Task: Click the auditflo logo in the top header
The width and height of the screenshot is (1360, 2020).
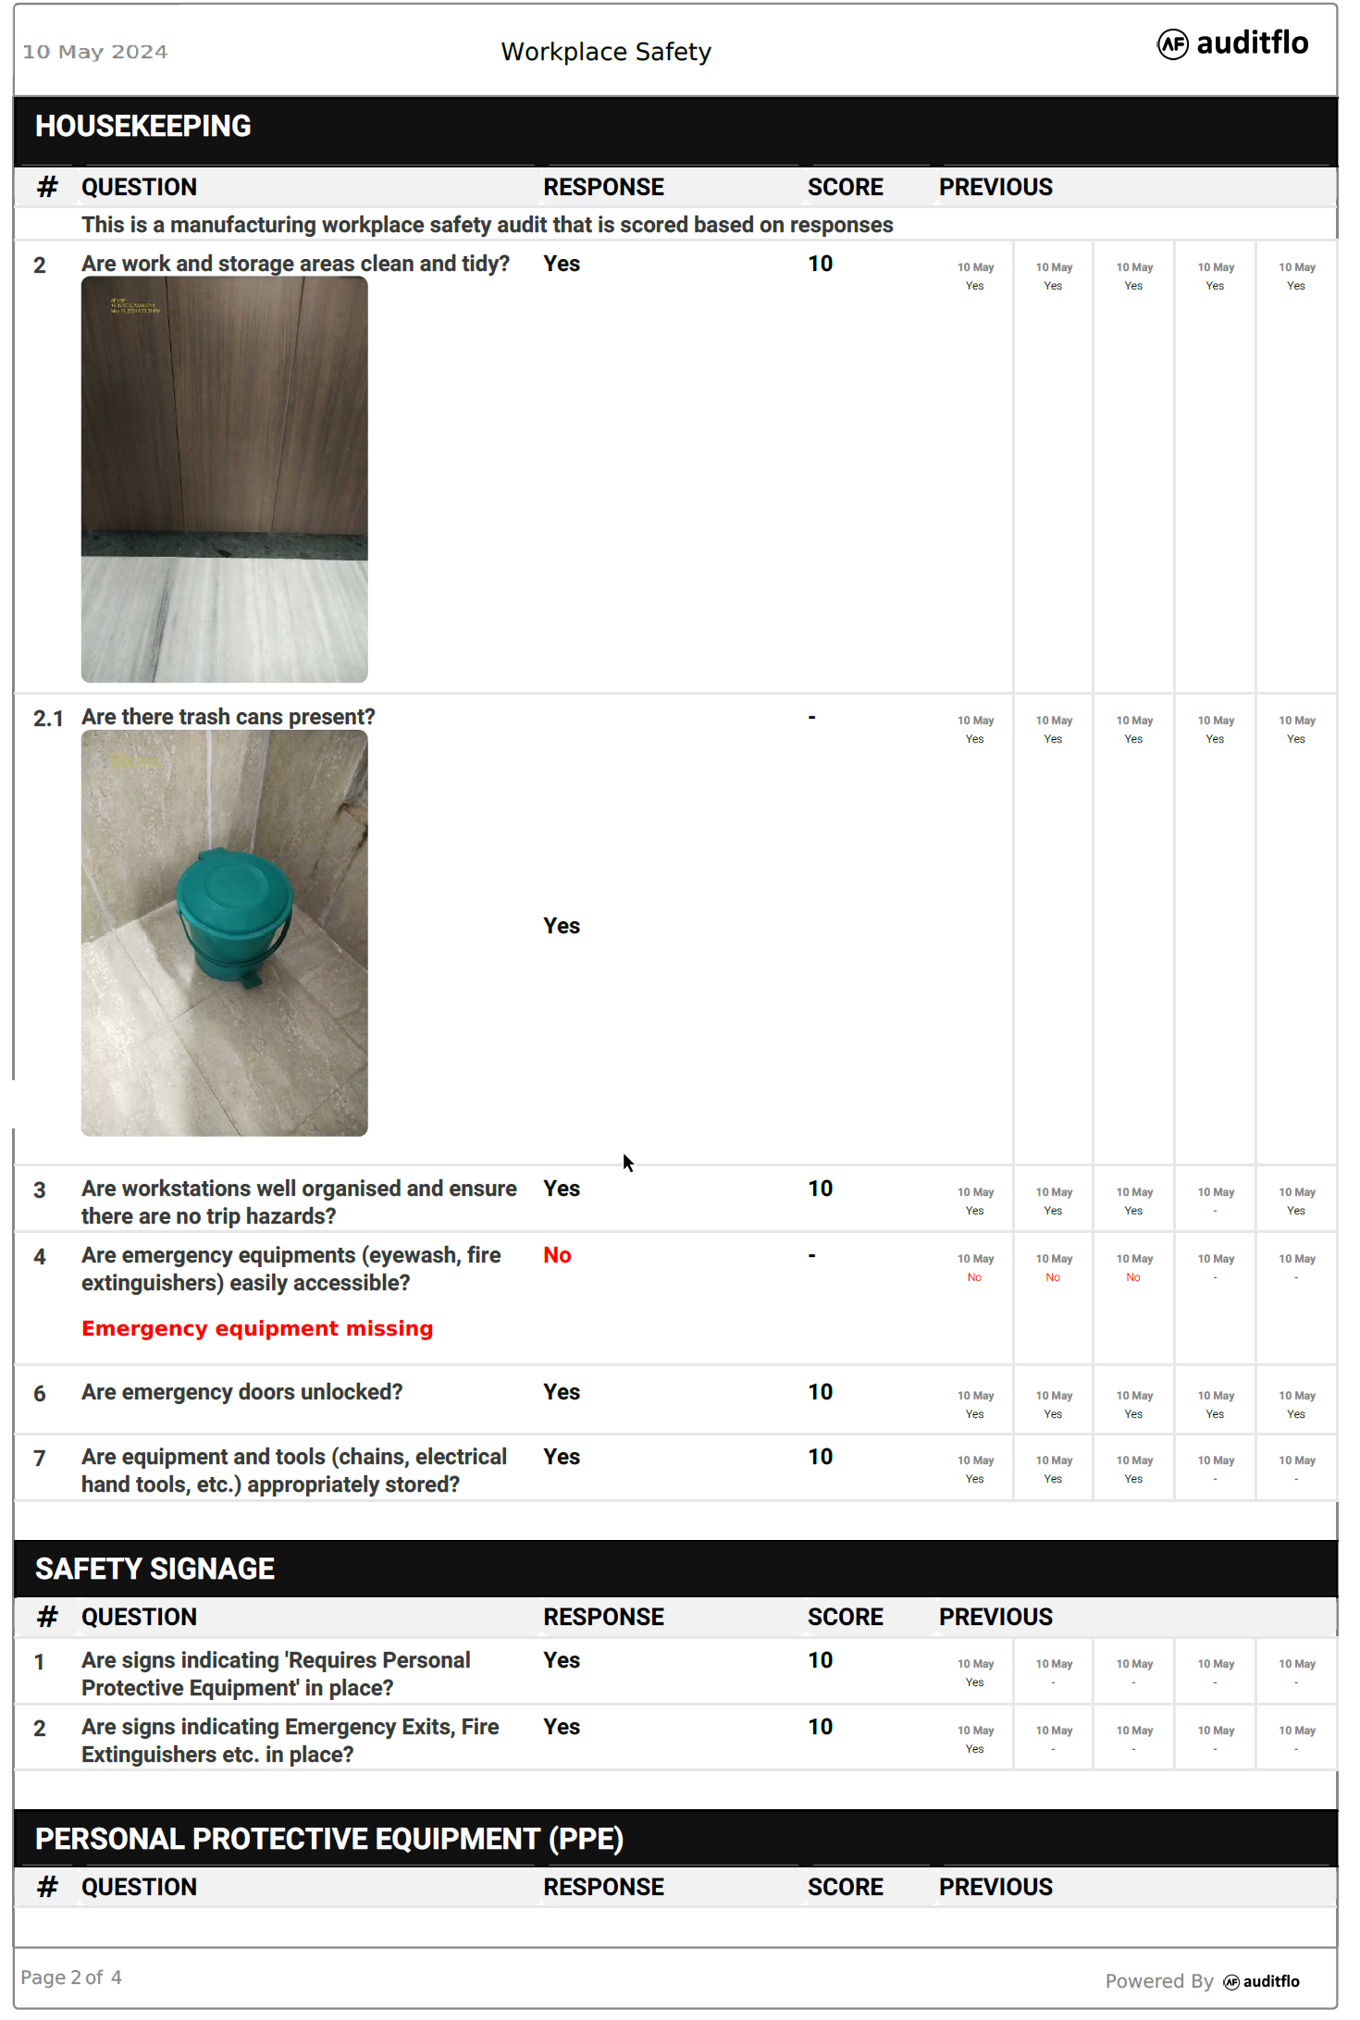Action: [1232, 43]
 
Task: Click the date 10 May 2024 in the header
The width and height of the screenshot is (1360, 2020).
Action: [95, 52]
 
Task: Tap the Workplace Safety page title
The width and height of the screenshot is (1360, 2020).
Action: [606, 52]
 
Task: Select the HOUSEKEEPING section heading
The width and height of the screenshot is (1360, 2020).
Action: [143, 127]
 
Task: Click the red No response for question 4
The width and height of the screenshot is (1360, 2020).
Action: [557, 1255]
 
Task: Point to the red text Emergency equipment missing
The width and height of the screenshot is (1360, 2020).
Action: [257, 1328]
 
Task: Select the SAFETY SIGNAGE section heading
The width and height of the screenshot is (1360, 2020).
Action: [155, 1569]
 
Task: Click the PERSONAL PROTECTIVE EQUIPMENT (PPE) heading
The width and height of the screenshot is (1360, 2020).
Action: [328, 1839]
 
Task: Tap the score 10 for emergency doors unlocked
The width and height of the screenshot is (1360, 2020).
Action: [820, 1392]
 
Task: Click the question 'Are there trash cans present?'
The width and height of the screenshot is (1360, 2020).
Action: [228, 717]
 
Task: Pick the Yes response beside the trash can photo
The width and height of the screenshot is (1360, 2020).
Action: [562, 926]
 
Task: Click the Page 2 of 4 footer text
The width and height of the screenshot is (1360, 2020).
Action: [71, 1977]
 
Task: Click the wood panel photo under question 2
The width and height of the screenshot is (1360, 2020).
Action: [225, 479]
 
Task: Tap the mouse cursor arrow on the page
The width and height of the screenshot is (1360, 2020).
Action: [627, 1163]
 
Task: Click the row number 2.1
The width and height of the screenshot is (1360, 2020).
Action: [48, 719]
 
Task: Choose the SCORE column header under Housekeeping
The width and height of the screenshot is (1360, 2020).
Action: [845, 187]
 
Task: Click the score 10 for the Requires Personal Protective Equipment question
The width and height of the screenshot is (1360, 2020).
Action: [820, 1660]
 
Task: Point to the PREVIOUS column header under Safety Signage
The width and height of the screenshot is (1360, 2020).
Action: [995, 1617]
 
